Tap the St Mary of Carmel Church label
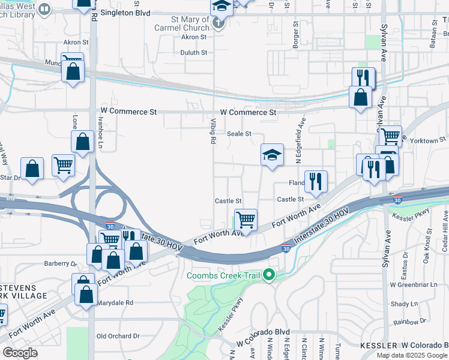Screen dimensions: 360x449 (190, 23)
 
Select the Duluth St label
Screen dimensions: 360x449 (194, 53)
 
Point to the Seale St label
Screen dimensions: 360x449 (238, 134)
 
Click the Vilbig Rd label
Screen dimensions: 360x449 (212, 131)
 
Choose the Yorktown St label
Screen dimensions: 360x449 (424, 140)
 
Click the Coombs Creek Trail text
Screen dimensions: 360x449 (224, 276)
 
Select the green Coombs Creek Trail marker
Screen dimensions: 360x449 (270, 275)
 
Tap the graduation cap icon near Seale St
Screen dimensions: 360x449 (272, 155)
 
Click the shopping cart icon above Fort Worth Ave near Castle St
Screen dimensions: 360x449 (246, 220)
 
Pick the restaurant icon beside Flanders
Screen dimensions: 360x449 (316, 181)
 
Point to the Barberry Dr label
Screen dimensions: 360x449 (61, 263)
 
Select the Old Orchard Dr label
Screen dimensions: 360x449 (118, 336)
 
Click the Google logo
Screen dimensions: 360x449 (20, 352)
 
